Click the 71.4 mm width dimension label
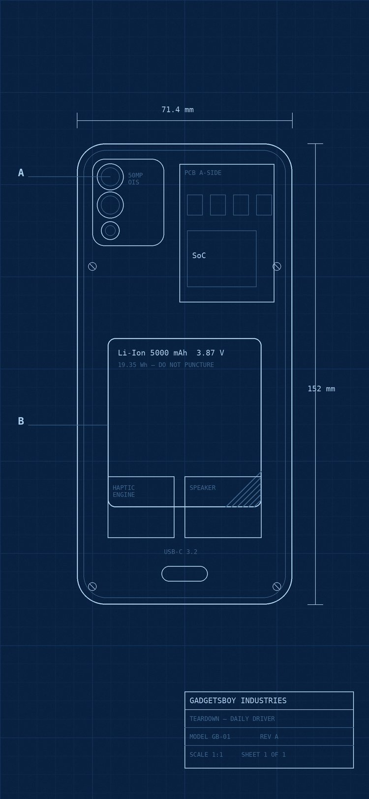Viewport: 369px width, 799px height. pyautogui.click(x=177, y=110)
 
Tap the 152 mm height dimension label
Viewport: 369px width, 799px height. pyautogui.click(x=321, y=389)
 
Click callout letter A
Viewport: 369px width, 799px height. pyautogui.click(x=21, y=173)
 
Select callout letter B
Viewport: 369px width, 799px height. pyautogui.click(x=21, y=421)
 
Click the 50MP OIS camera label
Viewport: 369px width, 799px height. pyautogui.click(x=135, y=178)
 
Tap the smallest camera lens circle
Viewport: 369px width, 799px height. pyautogui.click(x=110, y=231)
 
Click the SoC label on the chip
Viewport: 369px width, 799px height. pyautogui.click(x=199, y=255)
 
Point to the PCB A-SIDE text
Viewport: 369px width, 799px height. pyautogui.click(x=203, y=173)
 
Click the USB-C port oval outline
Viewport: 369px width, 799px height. pyautogui.click(x=184, y=566)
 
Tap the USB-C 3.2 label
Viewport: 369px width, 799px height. pyautogui.click(x=181, y=552)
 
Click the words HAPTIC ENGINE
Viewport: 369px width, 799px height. pyautogui.click(x=124, y=491)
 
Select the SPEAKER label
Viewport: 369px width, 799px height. pyautogui.click(x=202, y=488)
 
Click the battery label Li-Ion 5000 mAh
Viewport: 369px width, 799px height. pyautogui.click(x=153, y=353)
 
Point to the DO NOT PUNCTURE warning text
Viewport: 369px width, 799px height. pyautogui.click(x=186, y=365)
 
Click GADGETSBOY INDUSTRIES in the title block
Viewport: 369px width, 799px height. pyautogui.click(x=238, y=701)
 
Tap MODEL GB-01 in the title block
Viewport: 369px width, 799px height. pyautogui.click(x=210, y=737)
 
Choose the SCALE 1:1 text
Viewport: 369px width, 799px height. pyautogui.click(x=206, y=754)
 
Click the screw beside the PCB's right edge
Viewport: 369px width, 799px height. pyautogui.click(x=277, y=266)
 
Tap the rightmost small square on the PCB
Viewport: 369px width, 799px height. pyautogui.click(x=264, y=205)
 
